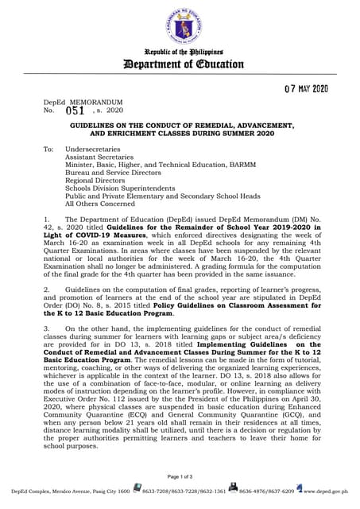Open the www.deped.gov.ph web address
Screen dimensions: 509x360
(x=327, y=492)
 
